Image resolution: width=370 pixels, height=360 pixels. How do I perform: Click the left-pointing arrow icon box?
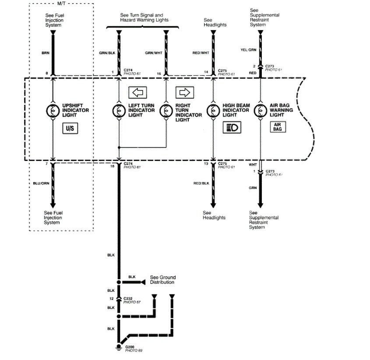tap(137, 93)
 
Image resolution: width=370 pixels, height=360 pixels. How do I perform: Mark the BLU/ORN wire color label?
tap(40, 183)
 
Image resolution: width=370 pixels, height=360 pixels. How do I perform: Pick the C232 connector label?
tap(128, 298)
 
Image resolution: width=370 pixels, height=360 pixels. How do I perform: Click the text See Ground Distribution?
tap(162, 280)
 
